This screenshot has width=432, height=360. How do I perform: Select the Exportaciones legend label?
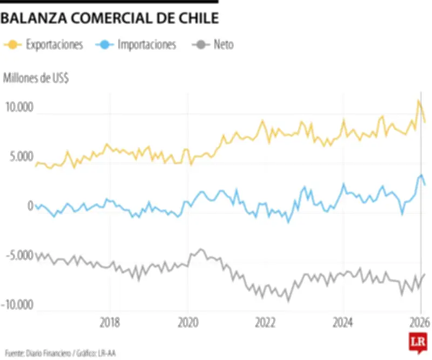pyautogui.click(x=55, y=45)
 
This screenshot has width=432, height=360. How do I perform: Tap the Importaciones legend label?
pyautogui.click(x=147, y=45)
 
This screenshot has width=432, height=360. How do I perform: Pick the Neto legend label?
pyautogui.click(x=224, y=45)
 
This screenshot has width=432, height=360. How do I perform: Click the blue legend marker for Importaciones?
pyautogui.click(x=105, y=45)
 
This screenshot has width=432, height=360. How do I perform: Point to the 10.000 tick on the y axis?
pyautogui.click(x=19, y=108)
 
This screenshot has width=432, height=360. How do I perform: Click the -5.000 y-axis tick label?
pyautogui.click(x=19, y=256)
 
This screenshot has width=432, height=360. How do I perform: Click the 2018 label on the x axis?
pyautogui.click(x=110, y=323)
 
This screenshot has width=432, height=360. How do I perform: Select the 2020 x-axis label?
pyautogui.click(x=188, y=323)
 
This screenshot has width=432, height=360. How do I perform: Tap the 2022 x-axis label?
pyautogui.click(x=266, y=323)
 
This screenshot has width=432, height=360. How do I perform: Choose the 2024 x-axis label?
pyautogui.click(x=343, y=323)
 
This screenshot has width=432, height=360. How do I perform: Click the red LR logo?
pyautogui.click(x=415, y=343)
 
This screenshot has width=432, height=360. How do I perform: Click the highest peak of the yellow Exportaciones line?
pyautogui.click(x=418, y=101)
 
